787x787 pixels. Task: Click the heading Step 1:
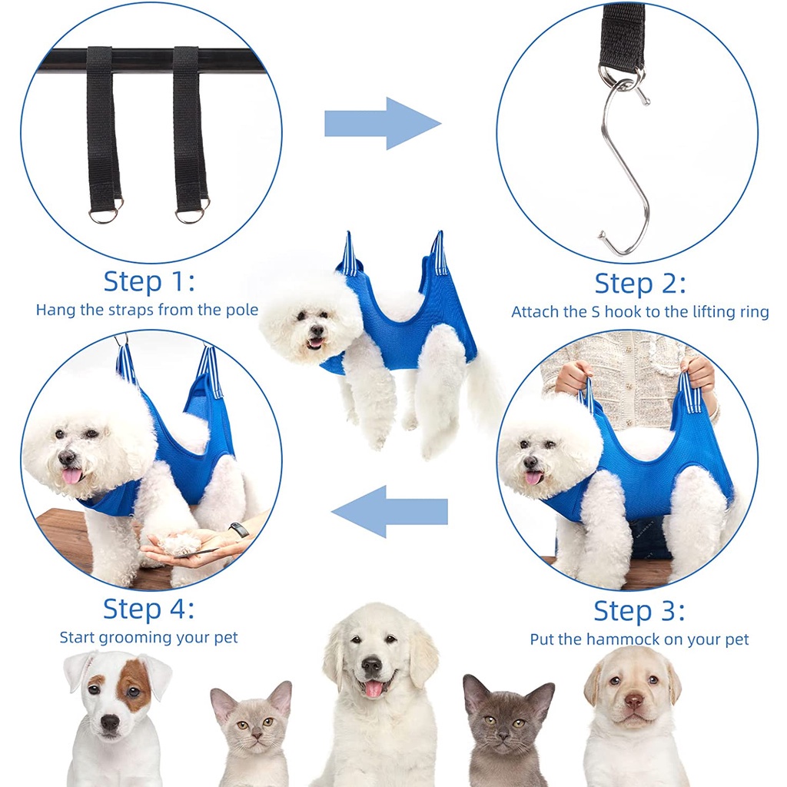[148, 281]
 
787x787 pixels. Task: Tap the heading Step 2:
[640, 284]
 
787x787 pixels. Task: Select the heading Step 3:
[639, 611]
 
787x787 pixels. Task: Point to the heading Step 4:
[148, 609]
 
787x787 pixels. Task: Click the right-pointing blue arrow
[383, 124]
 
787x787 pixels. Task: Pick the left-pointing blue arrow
[390, 511]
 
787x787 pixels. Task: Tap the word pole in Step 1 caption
[241, 310]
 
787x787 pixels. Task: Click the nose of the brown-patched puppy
[109, 722]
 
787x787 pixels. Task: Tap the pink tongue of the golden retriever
[373, 689]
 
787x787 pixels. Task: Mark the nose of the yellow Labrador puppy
[634, 701]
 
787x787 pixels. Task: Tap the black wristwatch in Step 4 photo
[238, 530]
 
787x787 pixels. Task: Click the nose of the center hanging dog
[316, 330]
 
